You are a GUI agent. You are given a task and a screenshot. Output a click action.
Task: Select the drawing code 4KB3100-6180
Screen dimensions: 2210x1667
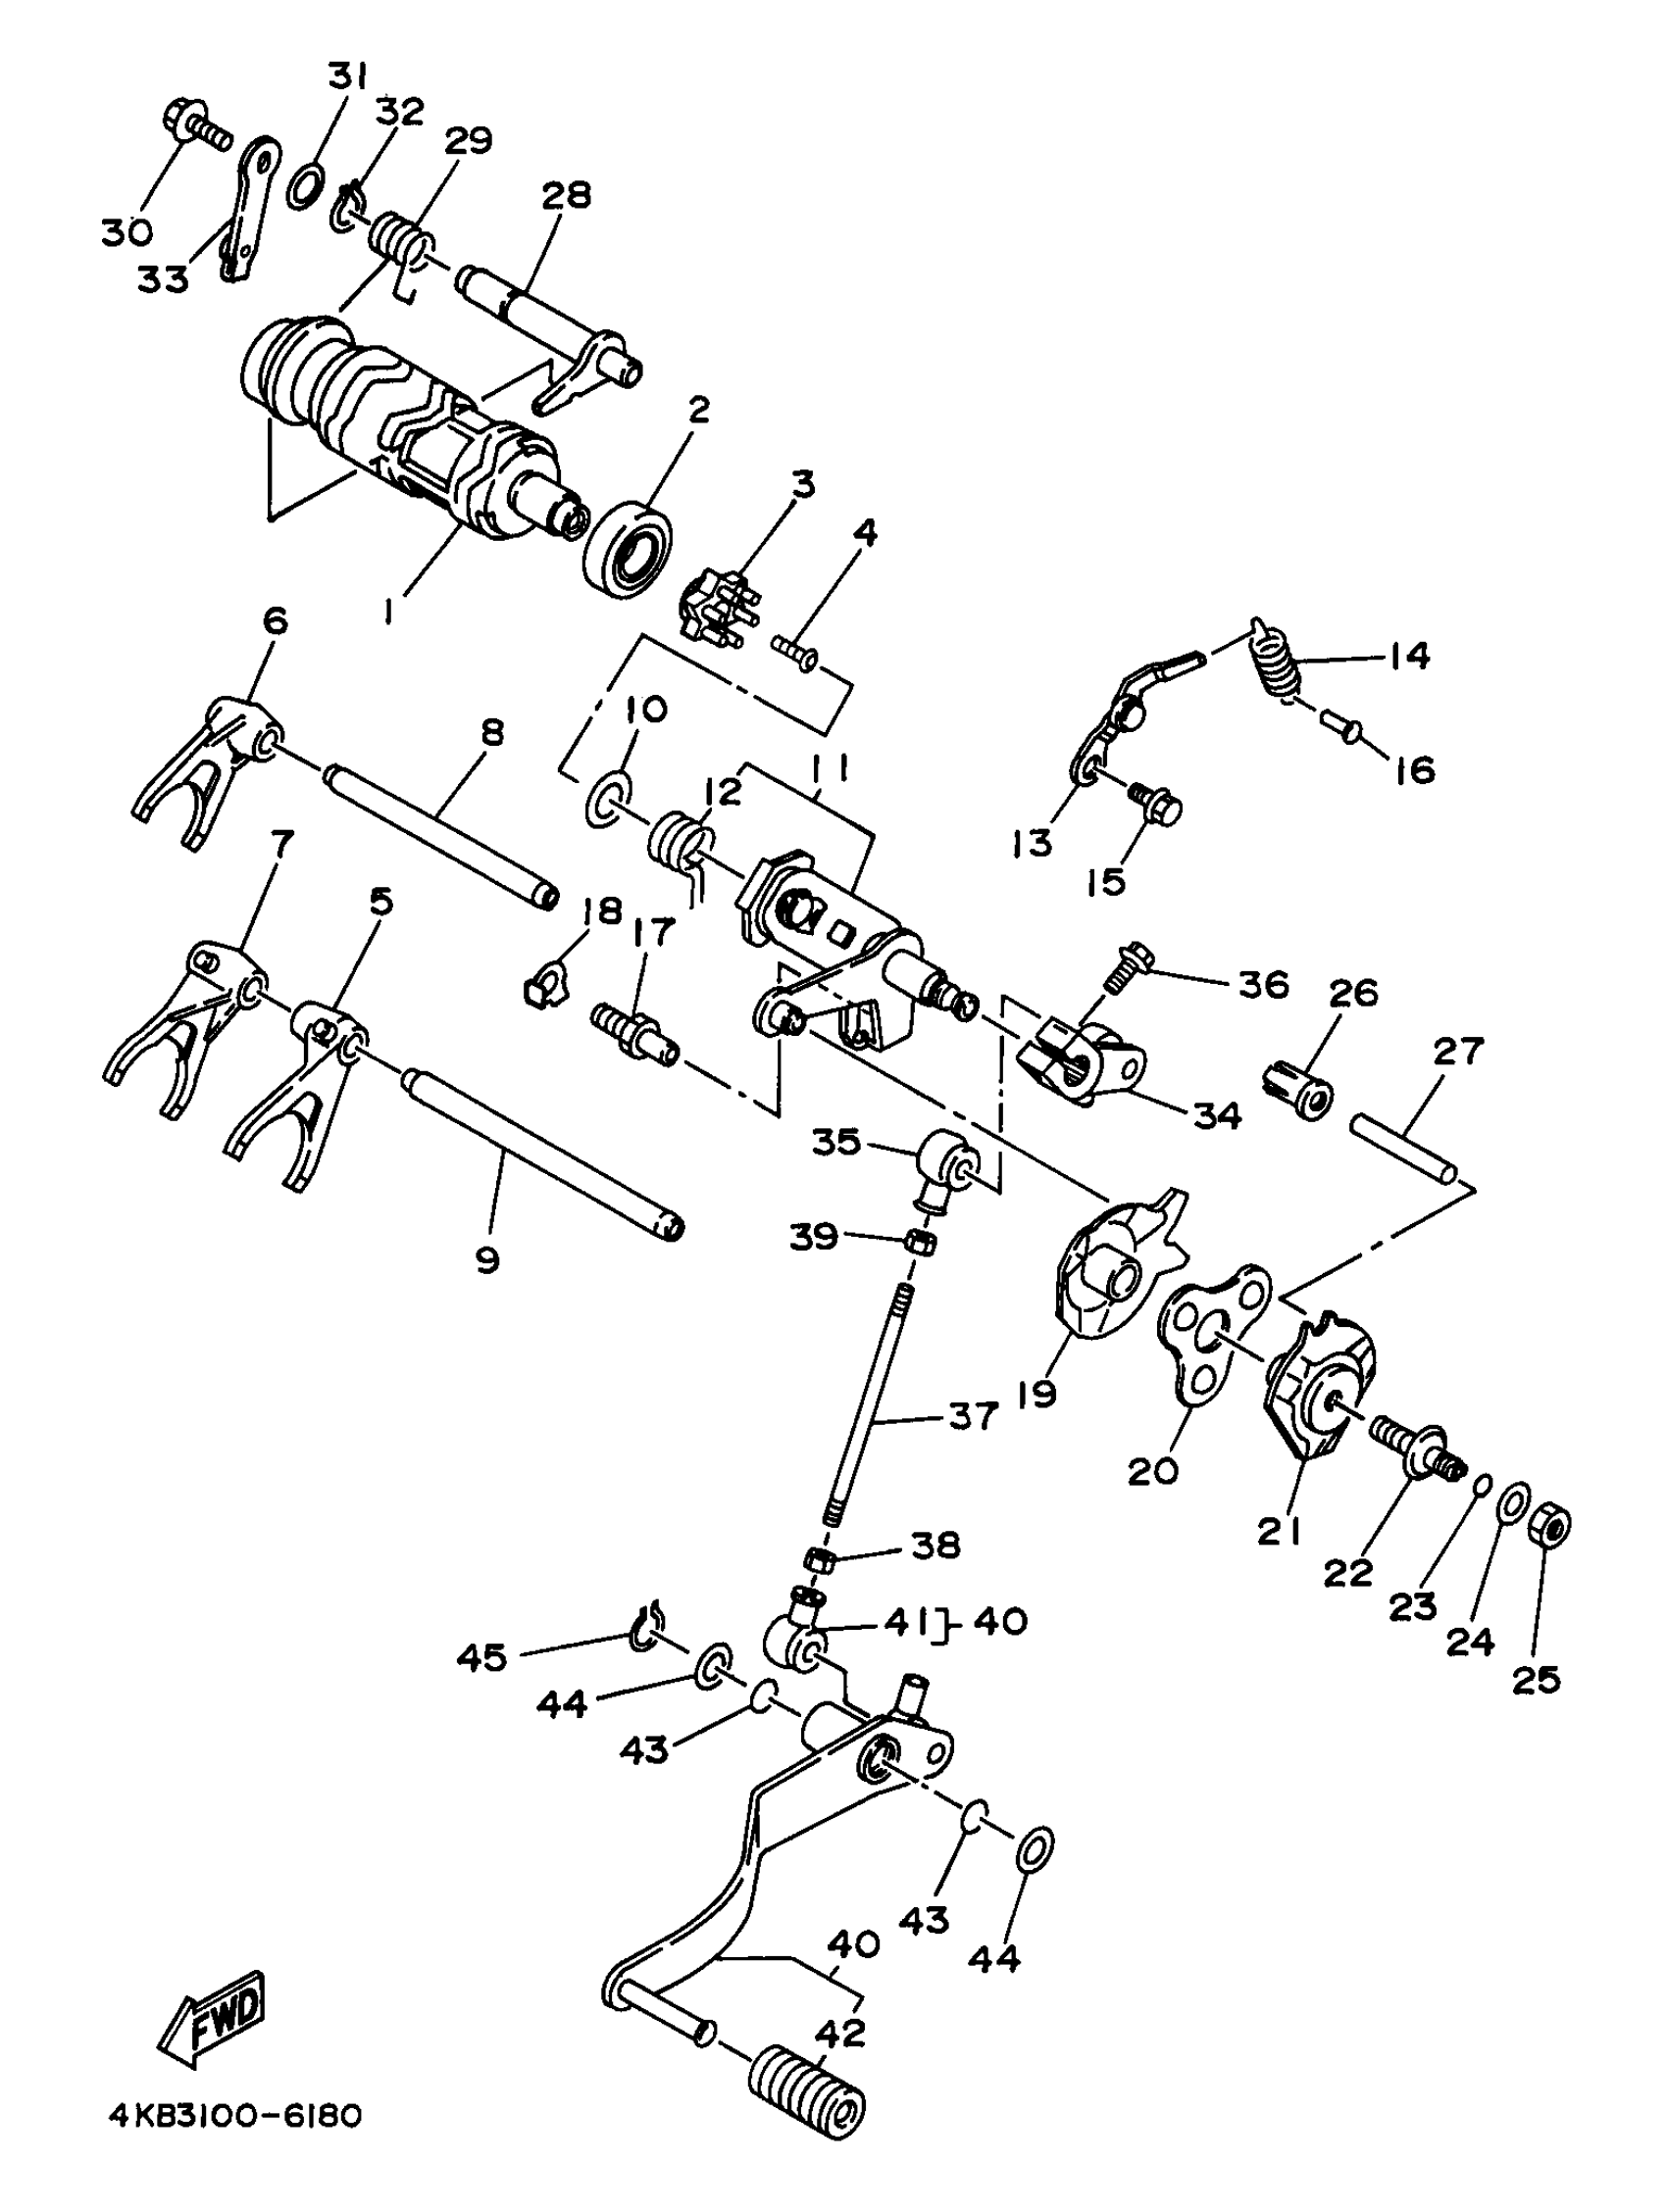pos(235,2145)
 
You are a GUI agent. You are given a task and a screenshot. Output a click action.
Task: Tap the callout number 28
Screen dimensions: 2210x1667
pos(566,194)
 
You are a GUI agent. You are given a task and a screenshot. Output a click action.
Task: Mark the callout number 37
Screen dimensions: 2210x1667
pos(972,1416)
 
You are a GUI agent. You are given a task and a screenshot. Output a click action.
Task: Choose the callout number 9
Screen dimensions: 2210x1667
pos(486,1261)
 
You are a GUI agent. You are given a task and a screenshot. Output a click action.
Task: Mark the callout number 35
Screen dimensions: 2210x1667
pos(835,1141)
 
